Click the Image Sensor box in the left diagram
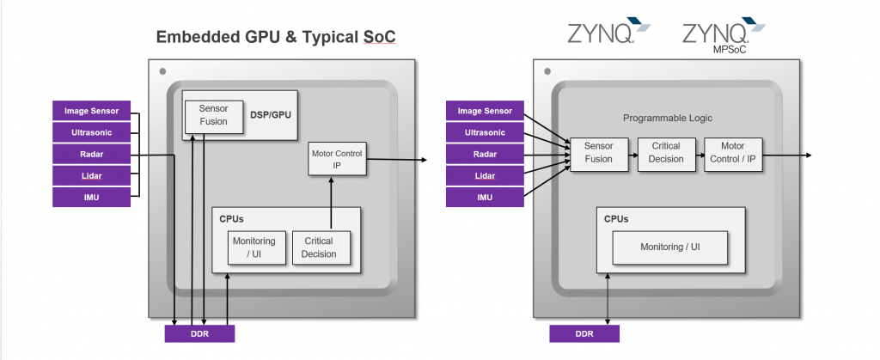click(89, 110)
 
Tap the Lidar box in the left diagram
click(89, 175)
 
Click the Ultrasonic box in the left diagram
click(89, 132)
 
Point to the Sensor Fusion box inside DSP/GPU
click(213, 115)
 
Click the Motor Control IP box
click(337, 159)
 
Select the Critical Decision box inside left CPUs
click(319, 247)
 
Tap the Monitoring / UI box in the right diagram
click(669, 247)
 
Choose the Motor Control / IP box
click(733, 153)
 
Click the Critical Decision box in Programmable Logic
click(666, 153)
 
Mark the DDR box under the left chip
click(199, 333)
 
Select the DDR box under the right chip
click(584, 333)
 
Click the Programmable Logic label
click(668, 118)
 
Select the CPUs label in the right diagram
click(616, 218)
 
